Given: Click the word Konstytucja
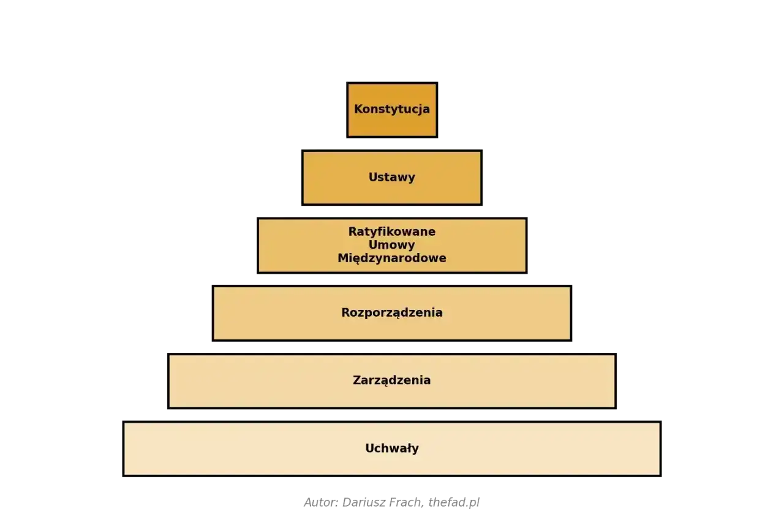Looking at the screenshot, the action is (391, 109).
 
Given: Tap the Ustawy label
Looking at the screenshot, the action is (391, 177).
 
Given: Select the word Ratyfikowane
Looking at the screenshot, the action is (391, 232).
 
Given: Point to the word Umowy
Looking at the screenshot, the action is (391, 244).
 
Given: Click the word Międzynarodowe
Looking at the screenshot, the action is (391, 259).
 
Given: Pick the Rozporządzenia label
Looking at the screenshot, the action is (391, 312).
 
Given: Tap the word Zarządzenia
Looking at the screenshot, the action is (391, 380).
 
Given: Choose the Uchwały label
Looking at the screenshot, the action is (391, 448).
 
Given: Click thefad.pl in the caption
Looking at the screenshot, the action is (454, 502).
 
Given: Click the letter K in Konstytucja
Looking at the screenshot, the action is (358, 109).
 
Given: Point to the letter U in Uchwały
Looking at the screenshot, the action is (369, 448).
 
